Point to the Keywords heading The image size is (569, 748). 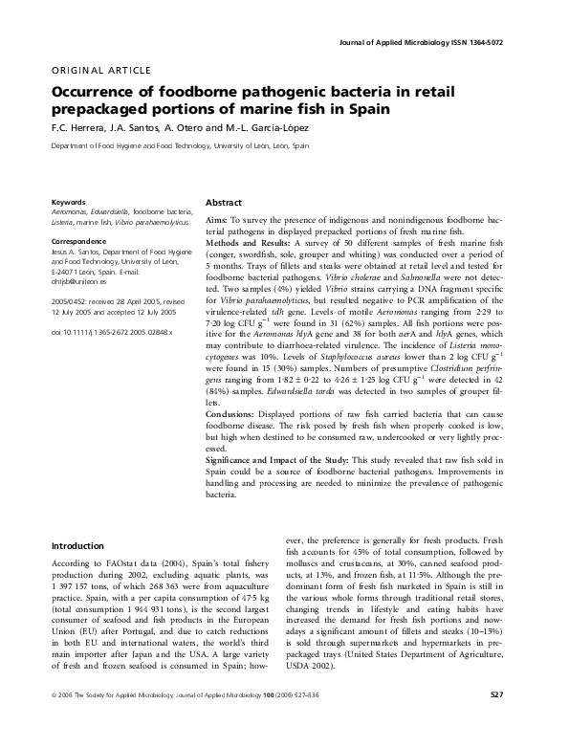[69, 203]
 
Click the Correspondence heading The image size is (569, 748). [79, 241]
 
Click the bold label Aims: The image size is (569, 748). [218, 221]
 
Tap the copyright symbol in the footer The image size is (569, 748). [52, 720]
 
